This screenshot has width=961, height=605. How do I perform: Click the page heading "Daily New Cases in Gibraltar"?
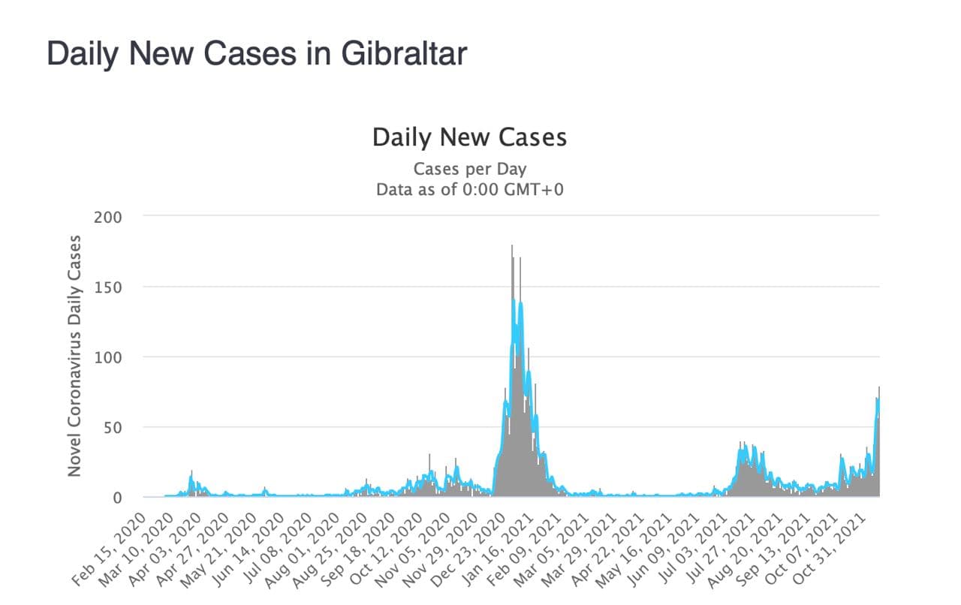tap(257, 54)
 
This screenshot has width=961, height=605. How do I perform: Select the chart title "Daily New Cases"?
tap(469, 137)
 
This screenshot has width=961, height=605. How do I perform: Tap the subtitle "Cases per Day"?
tap(469, 168)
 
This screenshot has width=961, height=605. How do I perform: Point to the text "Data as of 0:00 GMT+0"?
tap(469, 189)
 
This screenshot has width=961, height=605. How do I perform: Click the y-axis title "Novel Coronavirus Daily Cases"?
tap(74, 355)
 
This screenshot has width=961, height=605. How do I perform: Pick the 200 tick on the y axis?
tap(108, 217)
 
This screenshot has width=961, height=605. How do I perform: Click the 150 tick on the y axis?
tap(108, 287)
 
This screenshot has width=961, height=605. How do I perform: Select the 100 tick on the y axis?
tap(108, 357)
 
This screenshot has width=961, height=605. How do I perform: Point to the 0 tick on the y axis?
tap(117, 498)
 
